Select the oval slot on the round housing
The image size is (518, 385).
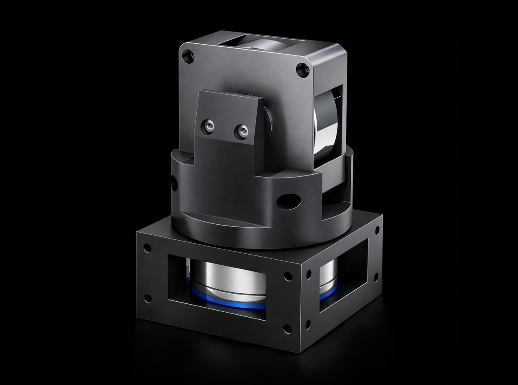(x=289, y=201)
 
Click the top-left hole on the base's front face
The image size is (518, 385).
(x=147, y=248)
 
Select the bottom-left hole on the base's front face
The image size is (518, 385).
(x=147, y=298)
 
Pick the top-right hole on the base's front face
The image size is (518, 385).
(x=288, y=276)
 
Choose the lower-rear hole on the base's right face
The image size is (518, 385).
(x=376, y=277)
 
